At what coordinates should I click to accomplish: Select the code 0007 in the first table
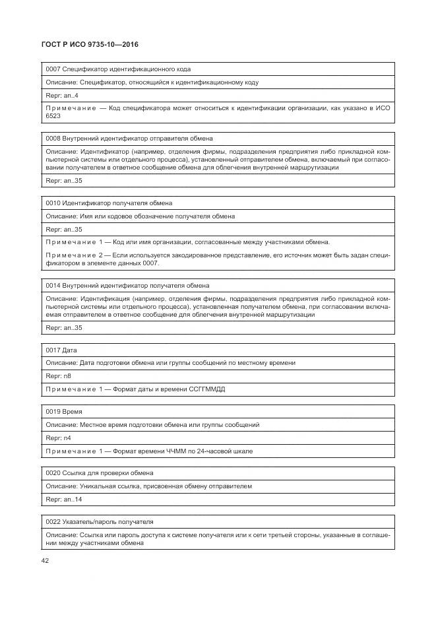point(53,69)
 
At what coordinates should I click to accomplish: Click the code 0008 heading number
point(53,139)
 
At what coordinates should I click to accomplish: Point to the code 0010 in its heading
point(53,203)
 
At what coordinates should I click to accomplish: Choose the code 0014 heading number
point(53,286)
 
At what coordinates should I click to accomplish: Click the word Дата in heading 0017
point(70,350)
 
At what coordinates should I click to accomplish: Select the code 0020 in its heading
point(53,473)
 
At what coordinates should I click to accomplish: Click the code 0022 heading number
point(53,521)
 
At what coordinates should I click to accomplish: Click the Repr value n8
point(67,376)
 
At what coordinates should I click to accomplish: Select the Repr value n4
point(67,438)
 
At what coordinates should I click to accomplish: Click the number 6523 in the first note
point(53,115)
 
